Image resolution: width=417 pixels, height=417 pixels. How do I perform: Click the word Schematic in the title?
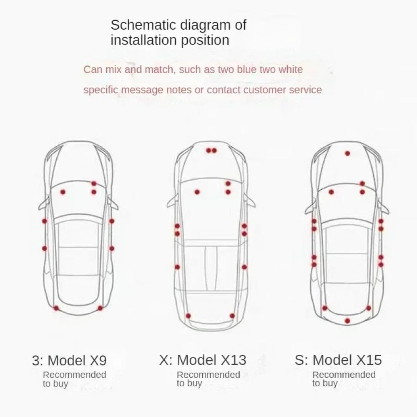[x=143, y=25]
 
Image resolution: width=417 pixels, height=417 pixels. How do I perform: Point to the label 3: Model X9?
[x=69, y=360]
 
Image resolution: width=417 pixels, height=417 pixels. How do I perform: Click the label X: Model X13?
[x=203, y=360]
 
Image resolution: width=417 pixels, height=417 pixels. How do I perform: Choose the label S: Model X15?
[x=338, y=360]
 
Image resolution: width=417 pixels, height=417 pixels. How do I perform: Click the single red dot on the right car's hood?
[x=347, y=153]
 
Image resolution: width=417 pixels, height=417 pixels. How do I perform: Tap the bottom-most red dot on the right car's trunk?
[x=347, y=321]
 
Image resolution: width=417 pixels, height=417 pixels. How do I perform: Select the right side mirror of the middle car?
[x=249, y=201]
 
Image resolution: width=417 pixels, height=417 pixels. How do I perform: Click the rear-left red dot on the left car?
[x=56, y=308]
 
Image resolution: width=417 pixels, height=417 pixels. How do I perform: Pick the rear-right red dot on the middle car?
[x=232, y=316]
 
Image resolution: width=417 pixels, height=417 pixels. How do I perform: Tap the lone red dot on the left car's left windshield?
[x=63, y=192]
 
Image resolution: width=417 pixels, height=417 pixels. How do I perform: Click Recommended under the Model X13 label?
[x=208, y=375]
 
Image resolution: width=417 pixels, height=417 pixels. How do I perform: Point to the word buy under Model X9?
[x=60, y=384]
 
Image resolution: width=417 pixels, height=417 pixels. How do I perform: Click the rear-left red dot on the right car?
[x=325, y=308]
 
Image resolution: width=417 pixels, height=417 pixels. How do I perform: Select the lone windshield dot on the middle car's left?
[x=197, y=192]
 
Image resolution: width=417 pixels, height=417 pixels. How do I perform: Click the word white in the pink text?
[x=290, y=69]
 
